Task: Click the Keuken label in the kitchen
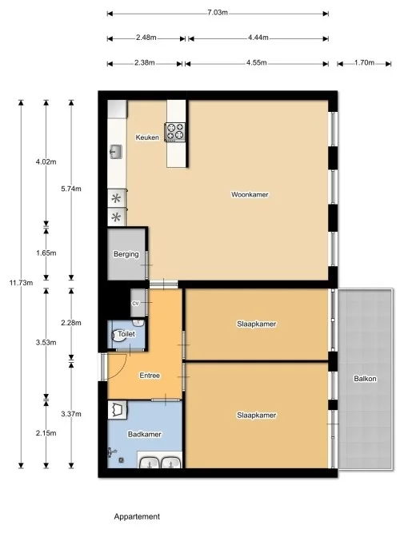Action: (147, 137)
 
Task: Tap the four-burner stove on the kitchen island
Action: (175, 131)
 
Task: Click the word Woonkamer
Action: (250, 194)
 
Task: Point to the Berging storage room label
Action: (126, 254)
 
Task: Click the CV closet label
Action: (136, 304)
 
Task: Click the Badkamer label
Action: (145, 434)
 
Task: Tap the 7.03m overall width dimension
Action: (218, 13)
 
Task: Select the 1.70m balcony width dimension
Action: (364, 62)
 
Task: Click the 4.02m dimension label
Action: (46, 162)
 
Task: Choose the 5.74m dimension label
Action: (71, 189)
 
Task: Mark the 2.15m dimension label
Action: (46, 432)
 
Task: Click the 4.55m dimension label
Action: (258, 62)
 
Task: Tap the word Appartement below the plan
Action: (137, 517)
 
